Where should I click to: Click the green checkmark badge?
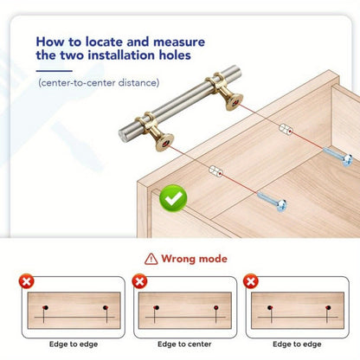click(x=173, y=198)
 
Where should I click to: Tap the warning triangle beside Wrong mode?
click(x=151, y=259)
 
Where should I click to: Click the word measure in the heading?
click(x=179, y=42)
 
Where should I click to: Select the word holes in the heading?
click(x=175, y=55)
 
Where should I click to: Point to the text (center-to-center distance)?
click(x=99, y=83)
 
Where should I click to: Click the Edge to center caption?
click(x=184, y=344)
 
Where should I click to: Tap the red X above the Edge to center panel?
click(x=139, y=281)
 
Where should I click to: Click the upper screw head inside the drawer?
click(x=347, y=160)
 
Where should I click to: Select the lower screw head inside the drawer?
click(x=281, y=205)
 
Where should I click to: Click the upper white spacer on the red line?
click(x=286, y=129)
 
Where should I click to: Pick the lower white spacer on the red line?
click(x=215, y=171)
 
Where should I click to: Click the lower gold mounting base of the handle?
click(x=164, y=142)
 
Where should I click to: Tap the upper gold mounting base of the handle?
click(x=234, y=101)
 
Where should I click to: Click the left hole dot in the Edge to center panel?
click(x=157, y=308)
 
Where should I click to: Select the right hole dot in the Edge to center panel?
click(x=216, y=308)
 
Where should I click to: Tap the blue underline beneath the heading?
click(x=55, y=71)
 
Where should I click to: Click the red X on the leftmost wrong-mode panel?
click(x=27, y=281)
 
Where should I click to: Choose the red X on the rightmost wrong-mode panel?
click(x=251, y=281)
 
